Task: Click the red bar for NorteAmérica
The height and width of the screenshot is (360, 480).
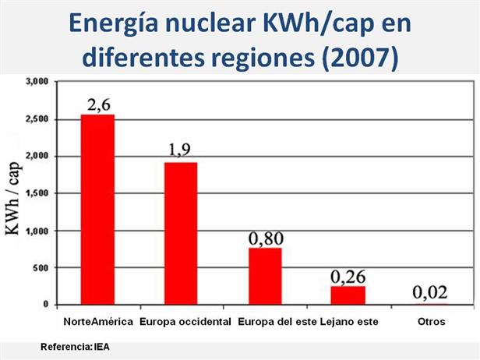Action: pos(97,210)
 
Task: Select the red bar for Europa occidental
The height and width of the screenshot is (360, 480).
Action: pos(181,233)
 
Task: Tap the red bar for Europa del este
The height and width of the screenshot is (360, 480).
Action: pos(265,276)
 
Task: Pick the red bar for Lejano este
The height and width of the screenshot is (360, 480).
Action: pos(348,295)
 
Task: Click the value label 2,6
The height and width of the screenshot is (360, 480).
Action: pos(99,102)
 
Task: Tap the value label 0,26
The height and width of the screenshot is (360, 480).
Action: pos(348,276)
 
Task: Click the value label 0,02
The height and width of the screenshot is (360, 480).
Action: pos(429,293)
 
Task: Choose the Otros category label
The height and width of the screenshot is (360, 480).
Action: pos(430,321)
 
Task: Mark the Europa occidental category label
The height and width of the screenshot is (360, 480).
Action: pos(185,321)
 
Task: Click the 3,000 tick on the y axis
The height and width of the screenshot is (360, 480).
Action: pos(37,81)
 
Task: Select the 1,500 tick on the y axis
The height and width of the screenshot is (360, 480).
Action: pos(37,193)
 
